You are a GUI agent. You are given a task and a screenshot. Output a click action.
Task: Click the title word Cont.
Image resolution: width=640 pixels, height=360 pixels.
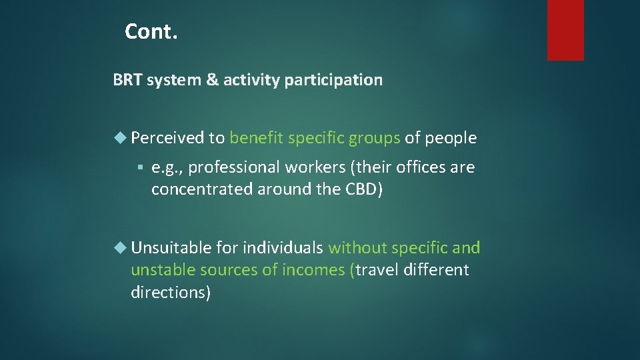(x=151, y=31)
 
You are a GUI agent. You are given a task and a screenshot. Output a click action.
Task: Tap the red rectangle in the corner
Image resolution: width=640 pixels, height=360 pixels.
(x=565, y=29)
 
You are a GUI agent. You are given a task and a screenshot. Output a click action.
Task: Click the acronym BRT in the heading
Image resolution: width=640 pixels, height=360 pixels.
(x=127, y=81)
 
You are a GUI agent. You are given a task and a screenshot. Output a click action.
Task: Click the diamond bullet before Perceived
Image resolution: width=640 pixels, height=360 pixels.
(x=120, y=138)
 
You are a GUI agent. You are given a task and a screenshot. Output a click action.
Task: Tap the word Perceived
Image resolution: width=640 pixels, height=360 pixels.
(x=168, y=138)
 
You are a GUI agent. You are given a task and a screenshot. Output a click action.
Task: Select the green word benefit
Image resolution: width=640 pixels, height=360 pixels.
(x=256, y=138)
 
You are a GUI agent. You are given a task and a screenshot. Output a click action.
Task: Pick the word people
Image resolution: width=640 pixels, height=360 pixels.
(x=451, y=138)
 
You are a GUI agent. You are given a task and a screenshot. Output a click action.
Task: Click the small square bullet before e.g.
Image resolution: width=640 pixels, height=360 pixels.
(x=139, y=167)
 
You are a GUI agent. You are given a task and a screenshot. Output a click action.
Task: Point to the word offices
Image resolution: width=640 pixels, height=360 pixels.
(x=421, y=167)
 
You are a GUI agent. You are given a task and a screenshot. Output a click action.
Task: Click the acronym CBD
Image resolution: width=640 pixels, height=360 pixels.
(x=363, y=189)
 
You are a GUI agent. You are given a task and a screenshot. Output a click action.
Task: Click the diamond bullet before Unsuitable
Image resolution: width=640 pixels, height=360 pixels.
(x=120, y=248)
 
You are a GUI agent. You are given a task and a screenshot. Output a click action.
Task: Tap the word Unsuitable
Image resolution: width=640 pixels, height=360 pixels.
(x=171, y=248)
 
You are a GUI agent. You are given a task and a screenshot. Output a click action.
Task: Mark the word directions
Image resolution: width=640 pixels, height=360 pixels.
(x=171, y=292)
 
